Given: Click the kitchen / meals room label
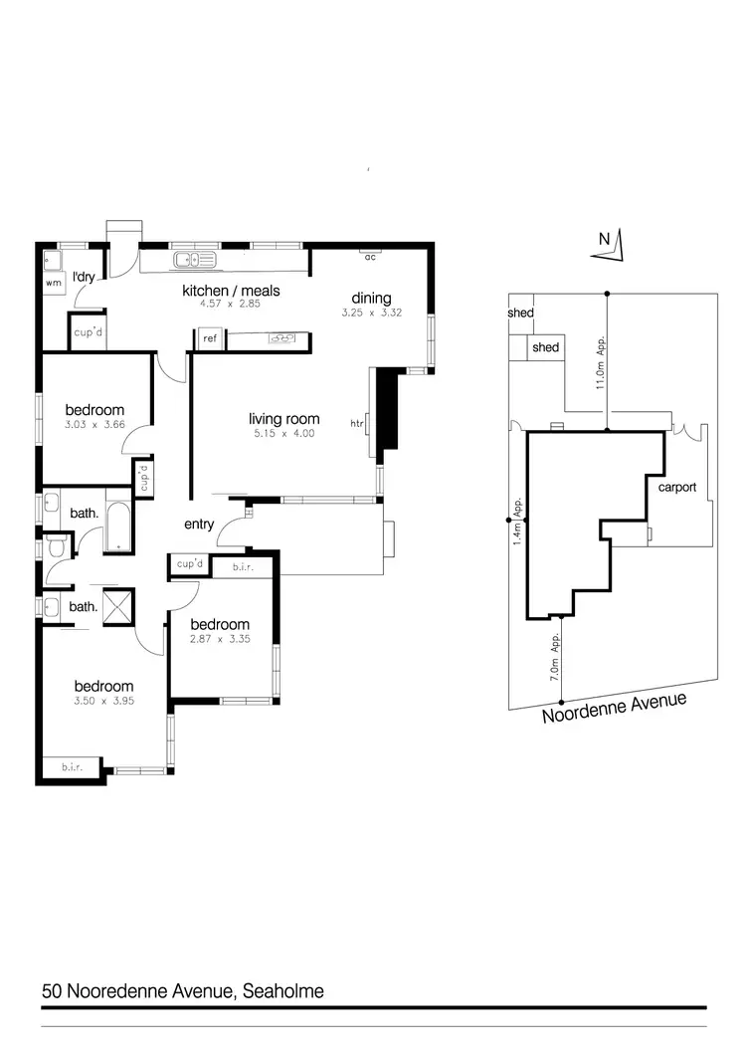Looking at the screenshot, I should pos(230,291).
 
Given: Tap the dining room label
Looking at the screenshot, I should pos(371,298).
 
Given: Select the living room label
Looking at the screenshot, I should pos(283,419).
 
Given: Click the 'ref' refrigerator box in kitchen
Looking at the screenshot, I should pos(210,338).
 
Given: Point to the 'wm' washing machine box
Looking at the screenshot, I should pos(52,283).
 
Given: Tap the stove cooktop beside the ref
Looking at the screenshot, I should pos(281,338).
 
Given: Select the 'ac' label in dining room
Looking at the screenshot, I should pos(369,257).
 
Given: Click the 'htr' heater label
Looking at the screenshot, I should pos(357,424).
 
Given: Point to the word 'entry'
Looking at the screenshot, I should pos(200,525).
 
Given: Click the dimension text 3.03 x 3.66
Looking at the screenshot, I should pos(94,424).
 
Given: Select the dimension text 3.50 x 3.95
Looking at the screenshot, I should pos(103,701).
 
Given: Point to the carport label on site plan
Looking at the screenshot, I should pos(677,488).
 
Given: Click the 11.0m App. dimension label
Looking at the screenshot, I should pos(600,362).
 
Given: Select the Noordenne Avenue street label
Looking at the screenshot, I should pos(614,709).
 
